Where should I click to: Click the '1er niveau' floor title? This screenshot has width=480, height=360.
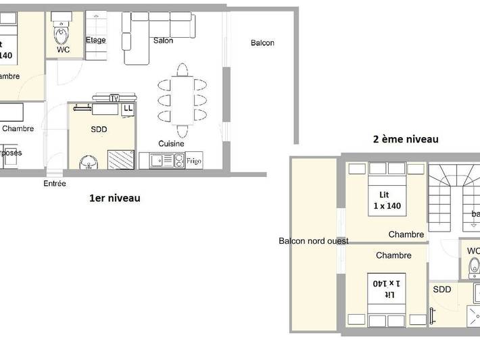pyautogui.click(x=115, y=198)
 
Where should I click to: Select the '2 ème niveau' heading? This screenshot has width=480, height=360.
pyautogui.click(x=406, y=139)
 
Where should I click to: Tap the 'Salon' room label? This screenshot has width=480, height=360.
pyautogui.click(x=163, y=41)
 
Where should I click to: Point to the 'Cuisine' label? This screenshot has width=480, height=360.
pyautogui.click(x=172, y=144)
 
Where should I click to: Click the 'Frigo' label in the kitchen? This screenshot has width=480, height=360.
pyautogui.click(x=194, y=161)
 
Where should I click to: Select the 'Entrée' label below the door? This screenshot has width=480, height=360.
pyautogui.click(x=55, y=183)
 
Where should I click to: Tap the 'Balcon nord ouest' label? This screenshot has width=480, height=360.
pyautogui.click(x=314, y=241)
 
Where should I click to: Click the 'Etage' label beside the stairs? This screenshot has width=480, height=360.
pyautogui.click(x=95, y=41)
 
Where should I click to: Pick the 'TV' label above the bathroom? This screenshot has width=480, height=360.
pyautogui.click(x=114, y=98)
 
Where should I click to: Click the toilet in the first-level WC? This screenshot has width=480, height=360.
pyautogui.click(x=62, y=32)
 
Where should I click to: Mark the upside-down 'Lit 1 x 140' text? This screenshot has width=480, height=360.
pyautogui.click(x=387, y=288)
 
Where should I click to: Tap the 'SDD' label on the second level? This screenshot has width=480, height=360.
pyautogui.click(x=441, y=289)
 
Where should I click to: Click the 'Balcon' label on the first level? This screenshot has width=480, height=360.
pyautogui.click(x=262, y=43)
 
